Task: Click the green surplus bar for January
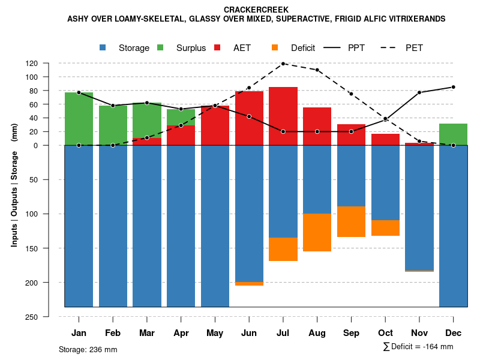pos(79,119)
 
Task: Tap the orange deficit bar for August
pos(317,232)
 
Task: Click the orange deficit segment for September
pos(351,221)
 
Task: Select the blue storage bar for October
pos(385,183)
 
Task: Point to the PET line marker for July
pos(283,64)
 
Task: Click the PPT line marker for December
pos(453,87)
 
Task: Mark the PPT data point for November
pos(419,92)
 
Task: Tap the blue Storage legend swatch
pos(104,48)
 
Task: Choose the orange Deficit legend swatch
pos(275,48)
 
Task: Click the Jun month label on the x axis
pos(249,333)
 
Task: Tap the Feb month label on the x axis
pos(113,333)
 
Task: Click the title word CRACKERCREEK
pos(256,10)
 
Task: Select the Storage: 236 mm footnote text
pos(88,349)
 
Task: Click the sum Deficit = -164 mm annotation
pos(418,347)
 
